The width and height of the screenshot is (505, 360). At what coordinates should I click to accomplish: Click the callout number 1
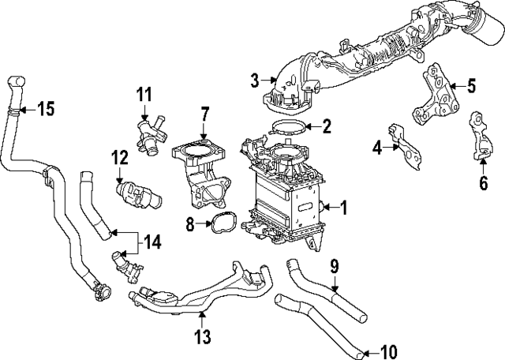click(343, 208)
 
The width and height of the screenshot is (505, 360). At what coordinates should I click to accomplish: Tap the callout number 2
click(326, 126)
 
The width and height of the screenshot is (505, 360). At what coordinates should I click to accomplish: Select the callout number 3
click(255, 80)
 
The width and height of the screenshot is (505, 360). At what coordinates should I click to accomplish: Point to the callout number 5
click(471, 85)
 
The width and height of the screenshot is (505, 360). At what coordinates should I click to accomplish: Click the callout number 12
click(119, 158)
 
